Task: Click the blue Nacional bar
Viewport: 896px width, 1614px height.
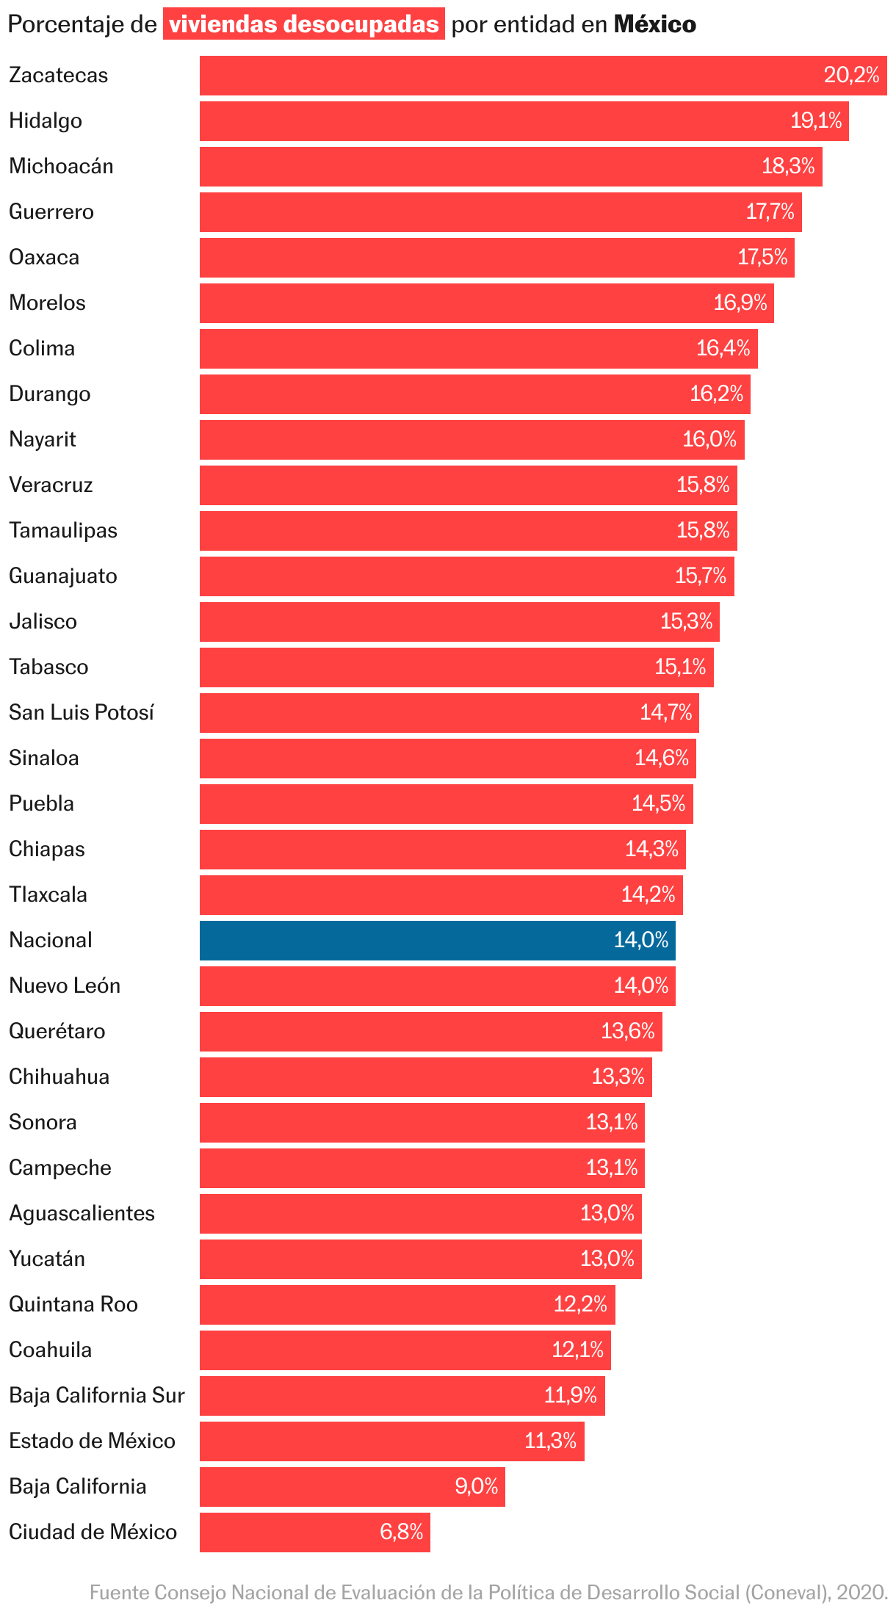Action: tap(437, 940)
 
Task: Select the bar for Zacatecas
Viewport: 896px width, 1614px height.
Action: tap(543, 76)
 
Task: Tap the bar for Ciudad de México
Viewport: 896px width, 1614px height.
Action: tap(314, 1532)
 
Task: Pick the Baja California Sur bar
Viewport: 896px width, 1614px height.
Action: tap(402, 1395)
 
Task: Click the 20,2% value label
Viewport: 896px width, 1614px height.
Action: tap(851, 75)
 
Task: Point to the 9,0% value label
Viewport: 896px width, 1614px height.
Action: tap(476, 1486)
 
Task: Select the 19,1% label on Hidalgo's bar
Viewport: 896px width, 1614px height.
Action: tap(815, 120)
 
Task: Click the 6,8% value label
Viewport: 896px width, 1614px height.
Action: tap(401, 1532)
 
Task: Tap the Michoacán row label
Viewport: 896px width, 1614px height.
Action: tap(61, 167)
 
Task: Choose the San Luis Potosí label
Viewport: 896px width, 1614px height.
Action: tap(82, 712)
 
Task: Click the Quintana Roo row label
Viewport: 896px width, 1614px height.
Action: tap(73, 1304)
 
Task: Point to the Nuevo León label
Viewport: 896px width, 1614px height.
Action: tap(65, 985)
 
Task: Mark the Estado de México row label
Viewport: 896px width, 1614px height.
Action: tap(92, 1441)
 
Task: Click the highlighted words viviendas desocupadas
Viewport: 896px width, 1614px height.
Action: tap(304, 24)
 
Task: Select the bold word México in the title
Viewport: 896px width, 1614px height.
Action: tap(654, 24)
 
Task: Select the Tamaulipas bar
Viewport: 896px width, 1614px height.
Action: tap(468, 530)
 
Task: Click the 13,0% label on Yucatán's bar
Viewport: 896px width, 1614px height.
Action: tap(607, 1259)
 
